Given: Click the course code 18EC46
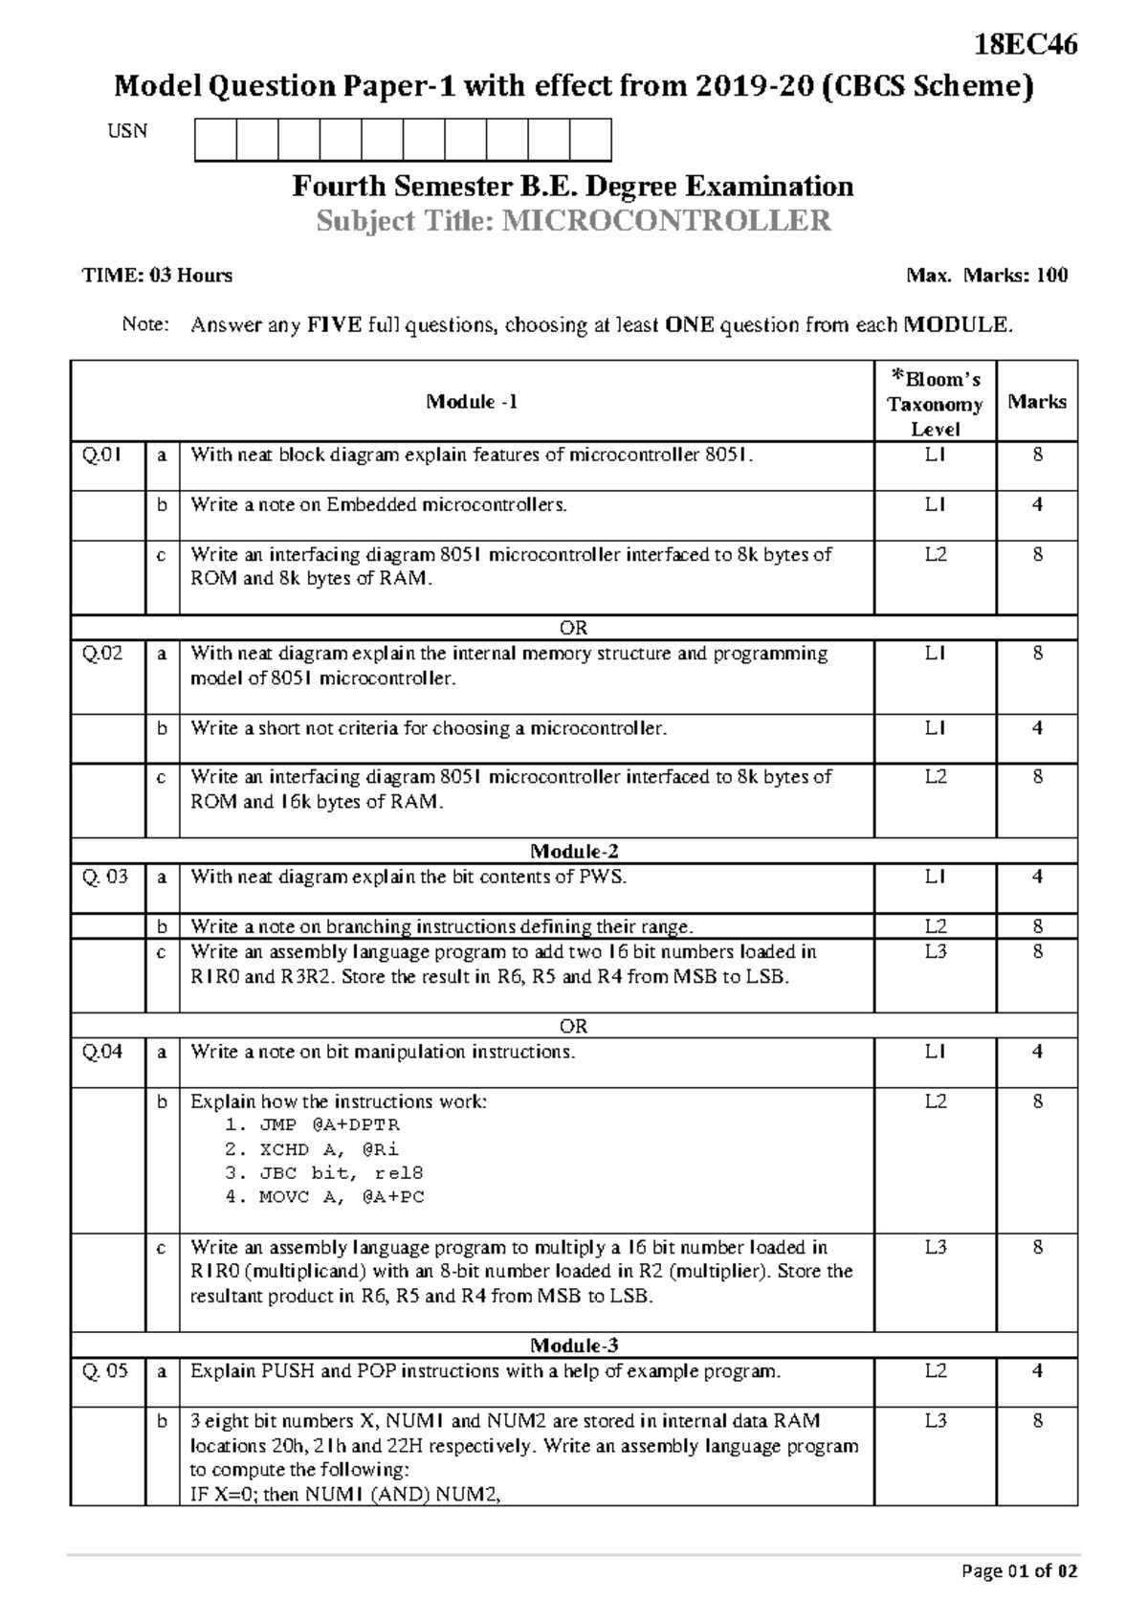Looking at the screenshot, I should pyautogui.click(x=1026, y=45).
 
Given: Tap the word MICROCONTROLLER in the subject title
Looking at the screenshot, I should pyautogui.click(x=667, y=221).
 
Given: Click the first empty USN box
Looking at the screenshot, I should pyautogui.click(x=215, y=140).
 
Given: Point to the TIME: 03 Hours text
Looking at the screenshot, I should pyautogui.click(x=157, y=276).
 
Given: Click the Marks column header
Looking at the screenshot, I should pyautogui.click(x=1036, y=402).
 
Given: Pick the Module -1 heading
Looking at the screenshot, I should pyautogui.click(x=472, y=402).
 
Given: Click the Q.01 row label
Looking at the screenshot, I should pyautogui.click(x=101, y=456).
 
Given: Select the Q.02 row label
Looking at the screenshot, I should pyautogui.click(x=101, y=655).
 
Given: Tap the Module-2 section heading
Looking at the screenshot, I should pyautogui.click(x=574, y=852).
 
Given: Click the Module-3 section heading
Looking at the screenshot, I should pyautogui.click(x=574, y=1345).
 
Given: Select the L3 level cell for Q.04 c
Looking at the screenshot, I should pyautogui.click(x=935, y=1248).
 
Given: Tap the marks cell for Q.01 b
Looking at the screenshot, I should pyautogui.click(x=1037, y=505).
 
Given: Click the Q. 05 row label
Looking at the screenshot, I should pyautogui.click(x=104, y=1371).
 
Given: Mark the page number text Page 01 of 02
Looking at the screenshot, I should pyautogui.click(x=1020, y=1571).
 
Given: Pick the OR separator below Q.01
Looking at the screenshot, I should pyautogui.click(x=573, y=628).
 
